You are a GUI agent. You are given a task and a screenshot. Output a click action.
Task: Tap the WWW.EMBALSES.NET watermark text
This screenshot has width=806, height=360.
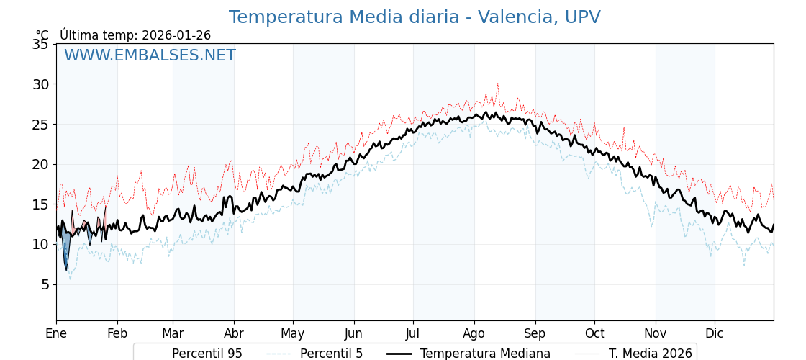pos(150,55)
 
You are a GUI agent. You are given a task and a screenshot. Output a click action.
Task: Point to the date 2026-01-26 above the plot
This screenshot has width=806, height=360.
pos(176,35)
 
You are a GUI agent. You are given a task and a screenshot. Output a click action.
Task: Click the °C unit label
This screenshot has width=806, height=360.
pos(42,35)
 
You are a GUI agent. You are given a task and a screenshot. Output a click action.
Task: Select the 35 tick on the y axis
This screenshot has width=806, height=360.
pos(40,44)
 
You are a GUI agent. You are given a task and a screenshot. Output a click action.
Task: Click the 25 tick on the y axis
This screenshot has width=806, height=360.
pos(40,124)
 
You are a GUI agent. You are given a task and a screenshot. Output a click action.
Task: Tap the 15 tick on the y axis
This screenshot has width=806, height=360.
pos(40,204)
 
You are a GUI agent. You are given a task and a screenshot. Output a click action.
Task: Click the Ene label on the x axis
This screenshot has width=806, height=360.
pos(56,333)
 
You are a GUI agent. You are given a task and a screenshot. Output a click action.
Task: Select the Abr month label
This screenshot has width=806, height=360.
pos(234,333)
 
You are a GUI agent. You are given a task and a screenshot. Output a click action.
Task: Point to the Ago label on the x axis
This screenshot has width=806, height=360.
pos(474,333)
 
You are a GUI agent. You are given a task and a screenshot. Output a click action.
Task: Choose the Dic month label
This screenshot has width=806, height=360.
pos(715,333)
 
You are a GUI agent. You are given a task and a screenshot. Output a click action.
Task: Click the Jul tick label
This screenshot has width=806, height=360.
pos(413,333)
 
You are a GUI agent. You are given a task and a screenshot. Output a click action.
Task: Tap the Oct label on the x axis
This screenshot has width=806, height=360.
pos(594,333)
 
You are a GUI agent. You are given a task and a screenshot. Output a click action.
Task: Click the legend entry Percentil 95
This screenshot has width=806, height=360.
pos(207,354)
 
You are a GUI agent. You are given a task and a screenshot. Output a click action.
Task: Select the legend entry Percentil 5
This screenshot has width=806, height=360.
pos(331,354)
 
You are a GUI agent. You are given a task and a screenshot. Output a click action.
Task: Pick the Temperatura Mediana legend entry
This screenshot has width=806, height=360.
pos(485,354)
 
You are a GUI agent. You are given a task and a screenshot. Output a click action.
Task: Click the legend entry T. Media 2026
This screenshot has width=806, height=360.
pos(650,354)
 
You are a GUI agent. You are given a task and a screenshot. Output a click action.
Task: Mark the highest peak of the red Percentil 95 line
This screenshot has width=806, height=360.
pos(497,84)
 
